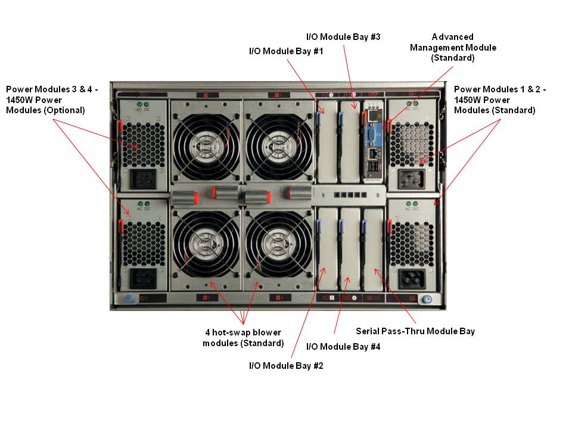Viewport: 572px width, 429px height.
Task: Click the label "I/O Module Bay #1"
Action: (x=285, y=51)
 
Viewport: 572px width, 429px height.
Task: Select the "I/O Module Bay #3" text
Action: (x=343, y=37)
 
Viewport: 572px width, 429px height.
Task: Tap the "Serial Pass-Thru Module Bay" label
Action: (x=415, y=331)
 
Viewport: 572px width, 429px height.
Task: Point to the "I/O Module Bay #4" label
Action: (x=343, y=346)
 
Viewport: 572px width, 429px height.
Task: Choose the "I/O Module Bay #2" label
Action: (x=285, y=366)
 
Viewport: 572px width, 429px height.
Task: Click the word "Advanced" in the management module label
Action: (x=452, y=37)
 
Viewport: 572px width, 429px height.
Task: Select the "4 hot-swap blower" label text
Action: (x=243, y=332)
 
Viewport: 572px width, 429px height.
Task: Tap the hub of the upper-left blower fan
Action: (x=206, y=143)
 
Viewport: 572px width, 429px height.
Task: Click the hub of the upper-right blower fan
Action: (x=278, y=143)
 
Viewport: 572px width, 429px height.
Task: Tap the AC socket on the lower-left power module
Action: (x=144, y=278)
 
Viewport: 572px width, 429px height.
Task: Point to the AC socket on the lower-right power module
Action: (x=412, y=278)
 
